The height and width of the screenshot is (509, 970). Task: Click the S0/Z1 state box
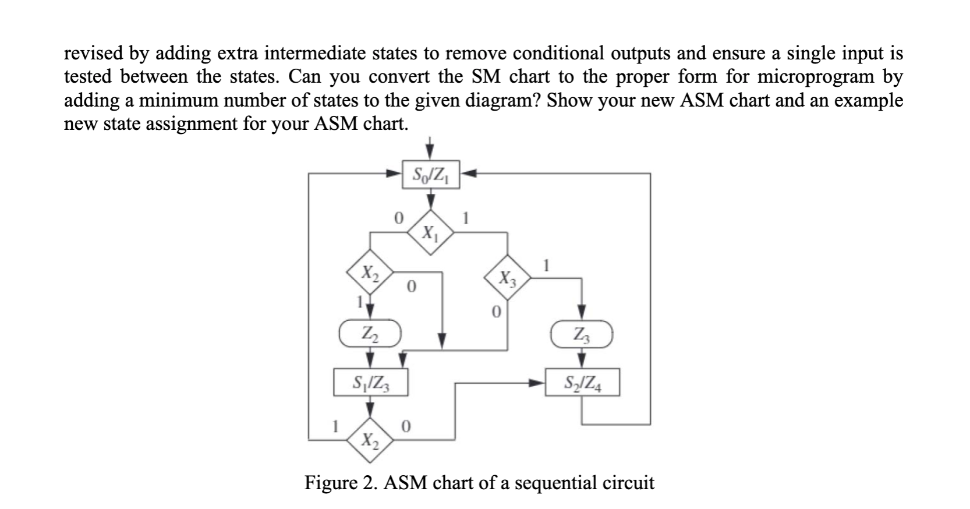[x=431, y=174]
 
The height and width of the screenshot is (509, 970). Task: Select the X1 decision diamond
[x=430, y=233]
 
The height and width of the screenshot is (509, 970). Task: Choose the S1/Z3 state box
[x=370, y=383]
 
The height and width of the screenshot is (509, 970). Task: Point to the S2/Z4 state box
[x=582, y=383]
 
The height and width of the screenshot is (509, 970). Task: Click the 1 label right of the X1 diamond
[x=465, y=219]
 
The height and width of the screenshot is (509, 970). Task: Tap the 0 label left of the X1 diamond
[x=398, y=219]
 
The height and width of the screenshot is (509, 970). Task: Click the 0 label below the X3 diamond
[x=495, y=313]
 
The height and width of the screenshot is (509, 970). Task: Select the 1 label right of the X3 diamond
[x=546, y=266]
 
